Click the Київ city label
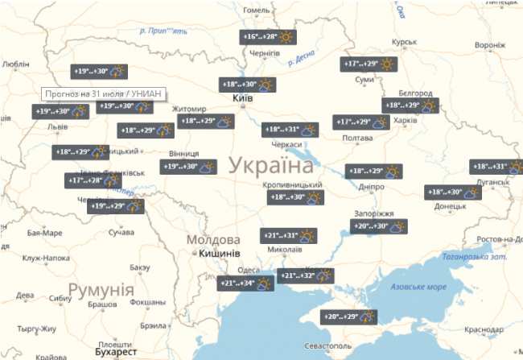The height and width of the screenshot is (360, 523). [x=242, y=98]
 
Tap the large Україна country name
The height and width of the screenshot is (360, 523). [x=270, y=167]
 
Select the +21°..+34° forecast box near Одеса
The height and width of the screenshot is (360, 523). [x=246, y=283]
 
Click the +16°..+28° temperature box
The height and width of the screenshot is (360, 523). [x=269, y=37]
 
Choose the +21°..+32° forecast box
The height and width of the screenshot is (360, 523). [x=306, y=276]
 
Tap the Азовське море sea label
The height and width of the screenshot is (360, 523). [x=418, y=288]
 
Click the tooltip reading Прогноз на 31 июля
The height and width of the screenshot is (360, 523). [x=103, y=94]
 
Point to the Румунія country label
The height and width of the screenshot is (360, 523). [x=101, y=289]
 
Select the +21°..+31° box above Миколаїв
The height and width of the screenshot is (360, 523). [x=289, y=236]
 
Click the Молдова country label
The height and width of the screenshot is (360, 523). [x=213, y=240]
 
